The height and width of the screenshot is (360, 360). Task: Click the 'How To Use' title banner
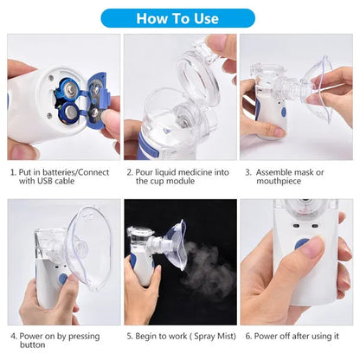180,17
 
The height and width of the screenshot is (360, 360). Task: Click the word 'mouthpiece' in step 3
280,182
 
